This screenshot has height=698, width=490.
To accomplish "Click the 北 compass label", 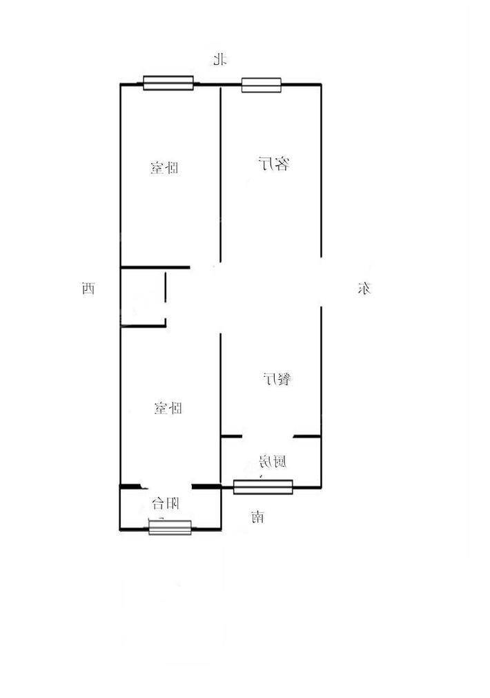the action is pos(219,59).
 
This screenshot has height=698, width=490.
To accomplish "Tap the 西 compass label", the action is pos(88,289).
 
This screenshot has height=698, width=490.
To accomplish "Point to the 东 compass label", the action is pos(364,289).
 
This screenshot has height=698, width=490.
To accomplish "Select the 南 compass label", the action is pos(257,517).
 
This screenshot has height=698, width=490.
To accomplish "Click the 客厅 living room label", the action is pos(274,164).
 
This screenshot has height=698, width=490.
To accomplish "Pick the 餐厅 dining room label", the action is pos(277,379).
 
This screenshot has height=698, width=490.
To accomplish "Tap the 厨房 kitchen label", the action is pos(273,462).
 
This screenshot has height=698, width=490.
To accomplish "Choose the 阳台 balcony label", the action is pos(166,503).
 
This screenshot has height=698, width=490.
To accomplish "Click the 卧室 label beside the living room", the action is pos(164,168).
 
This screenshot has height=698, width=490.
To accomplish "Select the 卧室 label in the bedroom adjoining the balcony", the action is pos(168,408).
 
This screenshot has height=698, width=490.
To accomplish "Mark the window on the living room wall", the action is pos(262,85).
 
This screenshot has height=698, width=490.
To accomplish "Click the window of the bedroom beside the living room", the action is pos(168,83).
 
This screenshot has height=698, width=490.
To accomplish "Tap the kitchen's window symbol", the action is pos(263,487).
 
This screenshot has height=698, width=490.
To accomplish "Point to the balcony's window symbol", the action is pos(170,527).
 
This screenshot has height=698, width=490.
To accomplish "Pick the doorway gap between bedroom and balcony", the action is pos(166,487).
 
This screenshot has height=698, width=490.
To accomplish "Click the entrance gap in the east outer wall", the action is pos(322,282).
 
